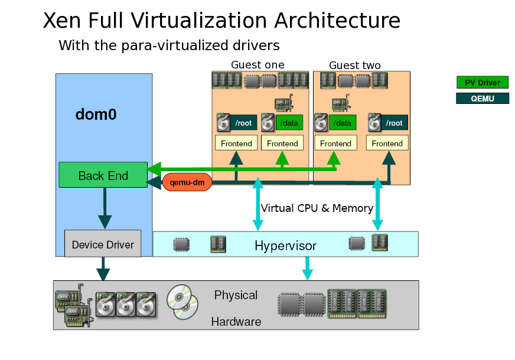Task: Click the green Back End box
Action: (x=103, y=175)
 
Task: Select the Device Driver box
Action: (x=103, y=244)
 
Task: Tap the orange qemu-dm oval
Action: (x=187, y=182)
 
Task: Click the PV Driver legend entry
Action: (x=483, y=83)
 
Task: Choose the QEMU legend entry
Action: (x=483, y=99)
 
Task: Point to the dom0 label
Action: (x=96, y=114)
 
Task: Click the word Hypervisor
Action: (x=285, y=246)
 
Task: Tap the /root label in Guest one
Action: (x=243, y=123)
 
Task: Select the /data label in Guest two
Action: (x=343, y=123)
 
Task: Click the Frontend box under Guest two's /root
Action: (x=387, y=143)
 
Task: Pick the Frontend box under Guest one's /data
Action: (x=282, y=143)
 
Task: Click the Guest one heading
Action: (x=258, y=65)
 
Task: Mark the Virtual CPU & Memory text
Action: (x=317, y=208)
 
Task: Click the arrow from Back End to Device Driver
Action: (x=105, y=208)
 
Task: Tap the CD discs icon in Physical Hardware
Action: (x=182, y=302)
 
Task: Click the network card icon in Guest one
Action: (x=283, y=103)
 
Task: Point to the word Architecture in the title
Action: (x=337, y=20)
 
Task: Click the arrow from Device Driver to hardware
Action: (x=103, y=269)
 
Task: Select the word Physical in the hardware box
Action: (x=236, y=295)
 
